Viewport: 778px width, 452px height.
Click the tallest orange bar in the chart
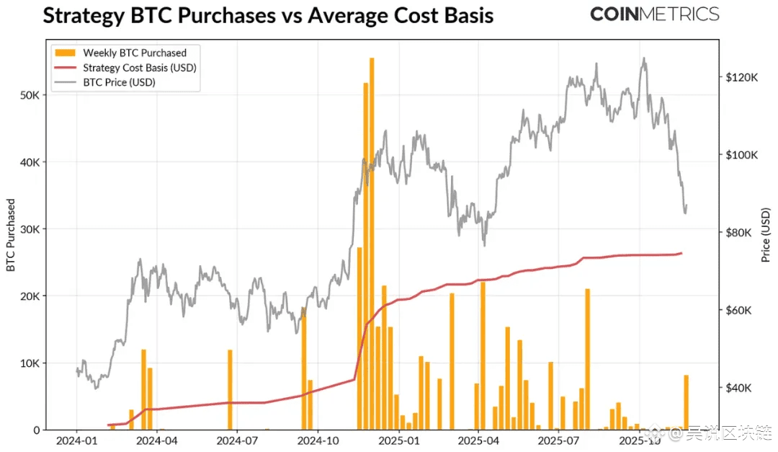[x=372, y=245]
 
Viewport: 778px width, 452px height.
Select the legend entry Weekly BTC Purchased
[x=134, y=53]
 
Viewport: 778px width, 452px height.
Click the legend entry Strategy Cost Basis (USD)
[x=140, y=68]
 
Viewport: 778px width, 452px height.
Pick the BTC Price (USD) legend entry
[x=119, y=82]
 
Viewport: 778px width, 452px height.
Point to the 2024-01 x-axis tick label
[x=76, y=439]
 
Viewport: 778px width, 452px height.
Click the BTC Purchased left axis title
[x=11, y=235]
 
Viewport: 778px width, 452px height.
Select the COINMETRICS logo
[x=654, y=14]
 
